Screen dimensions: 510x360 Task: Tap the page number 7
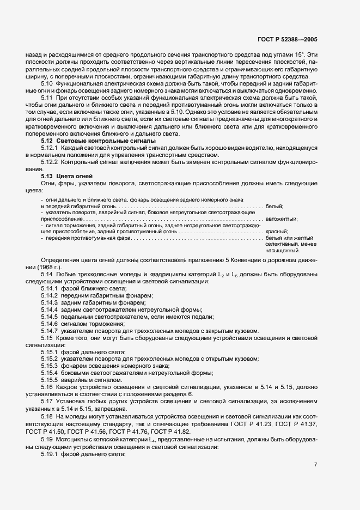click(316, 464)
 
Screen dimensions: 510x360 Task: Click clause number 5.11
click(47, 97)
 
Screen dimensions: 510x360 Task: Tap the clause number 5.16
click(47, 387)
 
